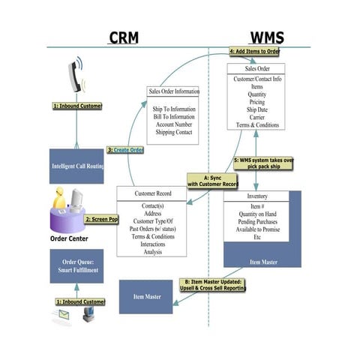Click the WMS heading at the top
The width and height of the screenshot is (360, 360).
click(x=266, y=37)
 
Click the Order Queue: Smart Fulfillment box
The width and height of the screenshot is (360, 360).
click(x=76, y=265)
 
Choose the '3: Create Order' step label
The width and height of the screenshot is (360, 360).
click(x=125, y=150)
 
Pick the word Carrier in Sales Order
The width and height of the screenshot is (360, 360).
click(x=257, y=116)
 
